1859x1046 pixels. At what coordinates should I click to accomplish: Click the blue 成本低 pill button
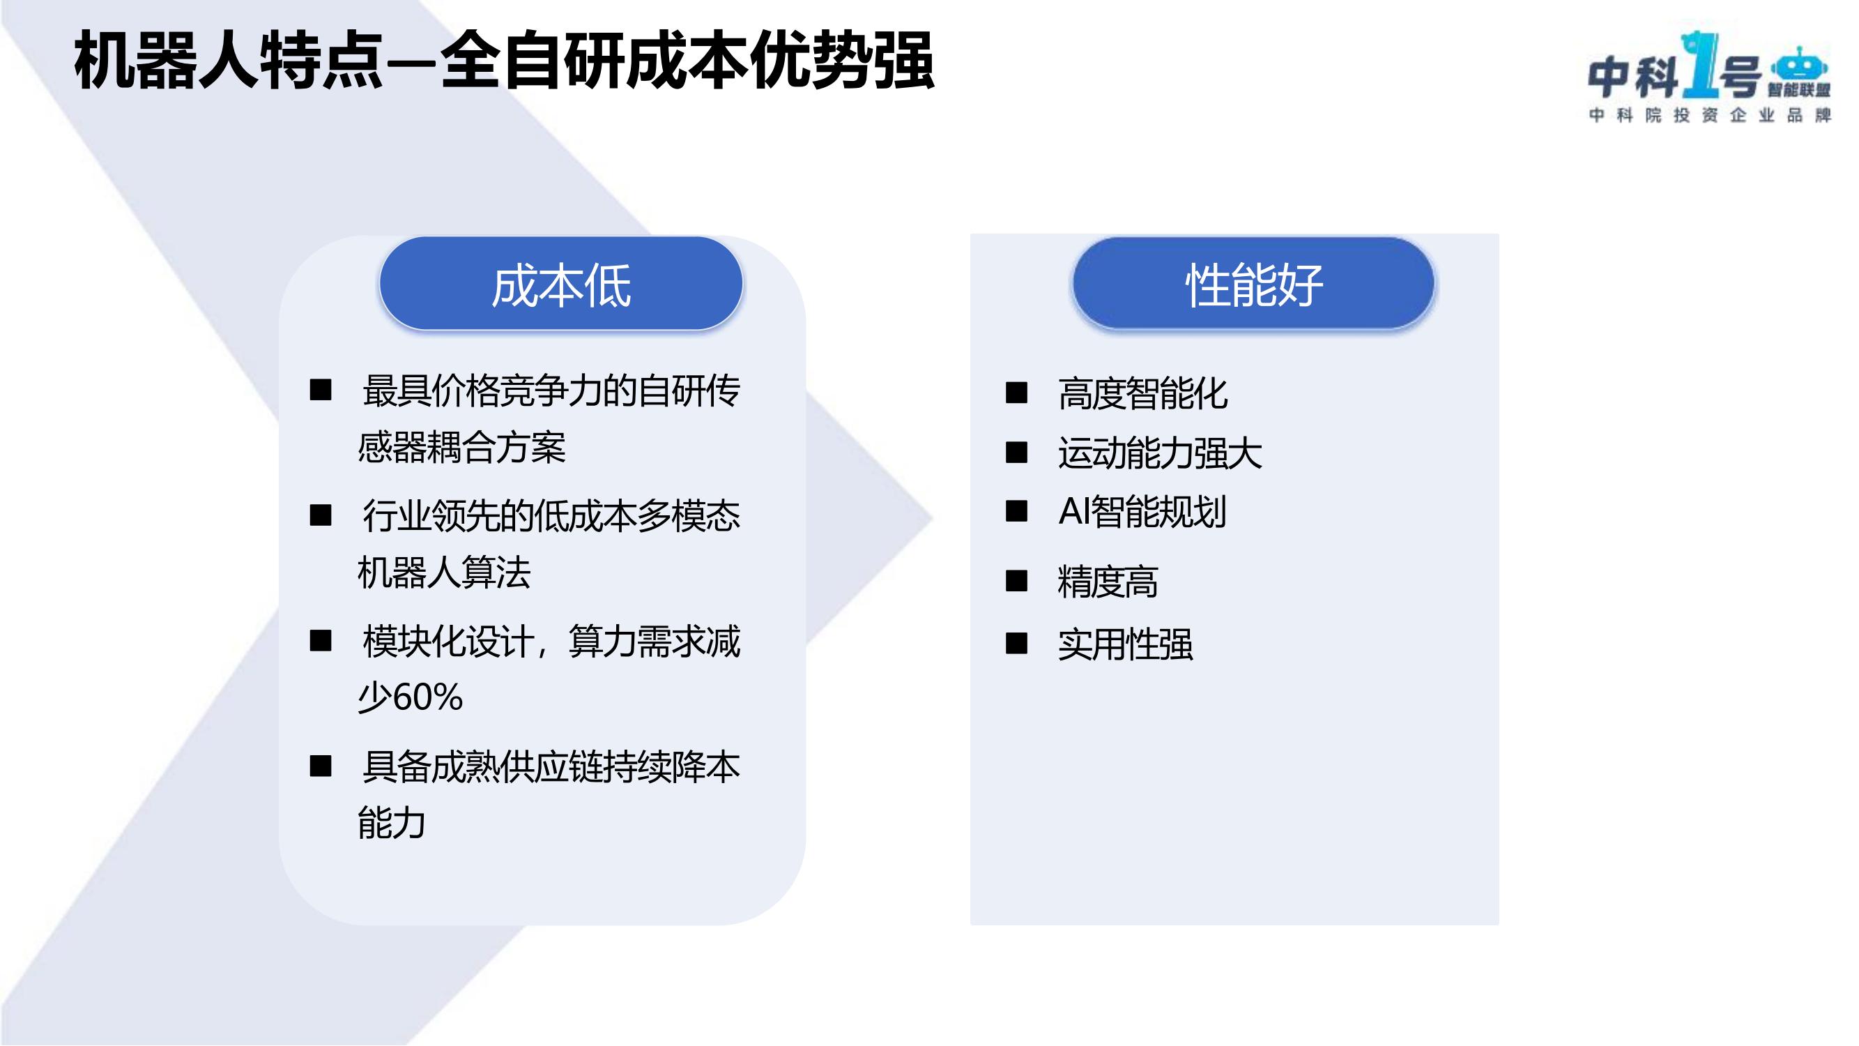[x=560, y=284]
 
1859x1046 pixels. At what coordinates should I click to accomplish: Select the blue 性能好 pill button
[x=1253, y=284]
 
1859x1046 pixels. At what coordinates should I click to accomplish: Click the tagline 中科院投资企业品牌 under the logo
[x=1710, y=116]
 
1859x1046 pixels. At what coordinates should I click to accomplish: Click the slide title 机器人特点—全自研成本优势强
[x=505, y=61]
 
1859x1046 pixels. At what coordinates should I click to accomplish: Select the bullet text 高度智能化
[x=1142, y=394]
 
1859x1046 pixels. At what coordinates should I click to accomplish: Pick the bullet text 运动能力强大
[x=1160, y=453]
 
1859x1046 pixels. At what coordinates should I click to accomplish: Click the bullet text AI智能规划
[x=1142, y=512]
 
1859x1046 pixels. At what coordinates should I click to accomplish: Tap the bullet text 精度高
[x=1108, y=582]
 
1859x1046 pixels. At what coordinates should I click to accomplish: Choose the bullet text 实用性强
[x=1125, y=644]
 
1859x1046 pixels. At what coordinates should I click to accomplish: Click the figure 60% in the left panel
[x=427, y=697]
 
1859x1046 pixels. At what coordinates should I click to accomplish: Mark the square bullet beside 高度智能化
[x=1016, y=393]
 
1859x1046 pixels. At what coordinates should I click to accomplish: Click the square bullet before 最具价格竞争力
[x=321, y=390]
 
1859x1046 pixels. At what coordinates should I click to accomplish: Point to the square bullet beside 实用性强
[x=1016, y=642]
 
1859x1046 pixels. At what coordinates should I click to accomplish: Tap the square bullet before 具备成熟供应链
[x=321, y=765]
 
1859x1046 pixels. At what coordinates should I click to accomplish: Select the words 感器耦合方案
[x=462, y=447]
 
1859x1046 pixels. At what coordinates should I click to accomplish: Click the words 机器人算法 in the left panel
[x=445, y=573]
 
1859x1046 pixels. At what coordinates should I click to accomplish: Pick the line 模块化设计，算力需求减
[x=551, y=642]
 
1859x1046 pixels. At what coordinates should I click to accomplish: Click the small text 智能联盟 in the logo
[x=1799, y=90]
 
